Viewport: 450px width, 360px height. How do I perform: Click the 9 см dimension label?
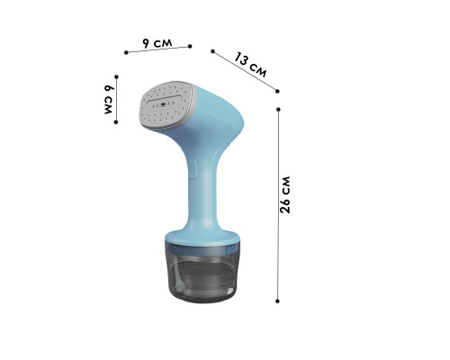point(157,43)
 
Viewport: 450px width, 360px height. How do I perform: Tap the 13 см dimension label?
point(250,65)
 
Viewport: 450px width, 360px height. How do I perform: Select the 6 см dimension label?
point(108,99)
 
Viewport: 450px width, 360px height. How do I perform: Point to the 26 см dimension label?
point(285,194)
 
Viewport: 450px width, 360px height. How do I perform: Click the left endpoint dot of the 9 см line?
point(126,52)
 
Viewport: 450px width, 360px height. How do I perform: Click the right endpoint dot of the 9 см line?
point(190,46)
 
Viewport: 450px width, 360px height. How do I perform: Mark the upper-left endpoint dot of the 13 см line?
point(212,51)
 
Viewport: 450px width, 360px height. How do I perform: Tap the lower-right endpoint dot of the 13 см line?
point(277,91)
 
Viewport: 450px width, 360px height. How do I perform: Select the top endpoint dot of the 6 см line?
point(116,77)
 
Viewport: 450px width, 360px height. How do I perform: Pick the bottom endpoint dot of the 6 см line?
point(116,122)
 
